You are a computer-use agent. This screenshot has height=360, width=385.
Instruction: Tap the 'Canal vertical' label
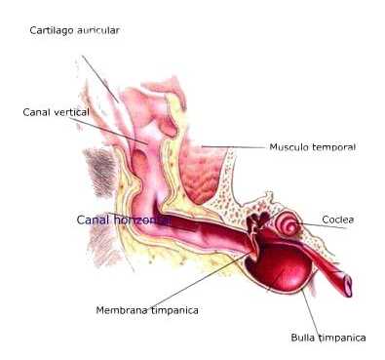pos(56,112)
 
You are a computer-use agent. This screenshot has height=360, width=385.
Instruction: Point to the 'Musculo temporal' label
pos(312,147)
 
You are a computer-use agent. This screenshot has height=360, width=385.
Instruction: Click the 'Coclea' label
pos(337,220)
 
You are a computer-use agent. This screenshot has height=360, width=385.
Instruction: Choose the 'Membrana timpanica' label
pos(147,310)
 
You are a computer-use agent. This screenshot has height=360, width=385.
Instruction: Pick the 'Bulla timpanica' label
pos(328,338)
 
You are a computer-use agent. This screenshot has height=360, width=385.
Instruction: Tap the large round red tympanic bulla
pos(279,269)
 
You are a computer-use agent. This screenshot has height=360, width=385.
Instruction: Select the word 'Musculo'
pos(289,147)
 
